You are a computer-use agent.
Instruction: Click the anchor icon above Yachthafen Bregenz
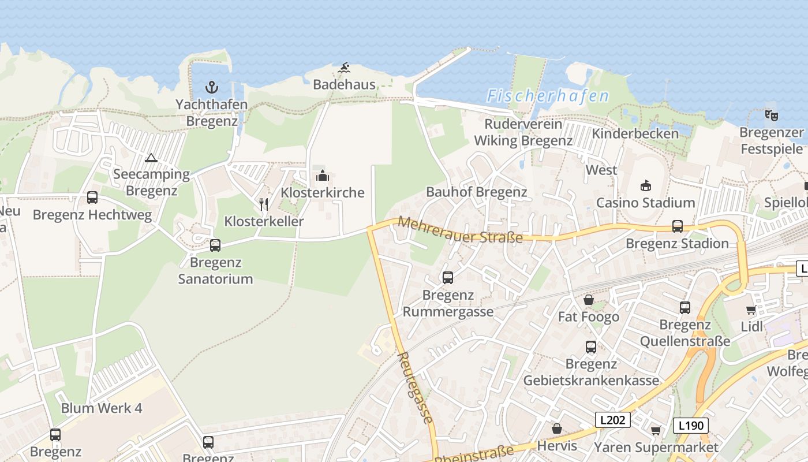(212, 88)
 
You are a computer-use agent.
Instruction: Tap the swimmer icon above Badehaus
(344, 68)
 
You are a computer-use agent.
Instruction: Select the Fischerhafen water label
(548, 96)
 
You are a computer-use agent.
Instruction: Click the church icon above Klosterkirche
(322, 176)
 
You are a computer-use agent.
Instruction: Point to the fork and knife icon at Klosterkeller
(264, 204)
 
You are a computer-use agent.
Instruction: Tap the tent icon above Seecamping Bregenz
(151, 158)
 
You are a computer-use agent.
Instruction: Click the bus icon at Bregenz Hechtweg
(92, 198)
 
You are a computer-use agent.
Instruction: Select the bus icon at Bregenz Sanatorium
(215, 245)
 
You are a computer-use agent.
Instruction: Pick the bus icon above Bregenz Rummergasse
(448, 278)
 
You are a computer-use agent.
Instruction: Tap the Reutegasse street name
(415, 388)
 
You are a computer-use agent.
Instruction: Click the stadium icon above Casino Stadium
(645, 186)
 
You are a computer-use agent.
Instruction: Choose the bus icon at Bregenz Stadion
(678, 226)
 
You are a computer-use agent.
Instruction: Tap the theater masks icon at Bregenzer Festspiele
(771, 115)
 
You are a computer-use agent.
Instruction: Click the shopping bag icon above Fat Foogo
(589, 300)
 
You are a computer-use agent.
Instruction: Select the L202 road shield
(612, 420)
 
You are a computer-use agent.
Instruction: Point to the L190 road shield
(691, 426)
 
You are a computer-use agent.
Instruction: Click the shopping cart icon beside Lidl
(751, 310)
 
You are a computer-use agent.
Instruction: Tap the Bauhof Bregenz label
(477, 192)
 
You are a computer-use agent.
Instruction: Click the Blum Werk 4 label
(102, 408)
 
